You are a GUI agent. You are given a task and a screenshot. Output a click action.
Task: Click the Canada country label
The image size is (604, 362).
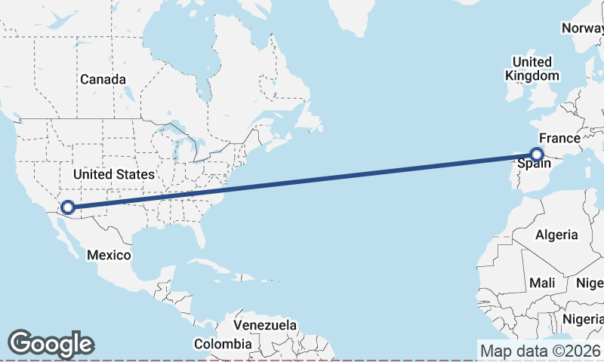[x=103, y=79]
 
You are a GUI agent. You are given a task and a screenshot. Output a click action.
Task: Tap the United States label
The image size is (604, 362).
[x=114, y=174]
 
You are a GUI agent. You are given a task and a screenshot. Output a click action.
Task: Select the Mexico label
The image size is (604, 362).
[x=108, y=255]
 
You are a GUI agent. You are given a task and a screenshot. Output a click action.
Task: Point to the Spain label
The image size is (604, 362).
[x=533, y=164]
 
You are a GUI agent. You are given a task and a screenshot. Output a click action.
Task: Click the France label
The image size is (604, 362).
[x=559, y=139]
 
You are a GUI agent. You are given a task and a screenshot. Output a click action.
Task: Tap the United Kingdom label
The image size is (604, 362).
[x=533, y=69]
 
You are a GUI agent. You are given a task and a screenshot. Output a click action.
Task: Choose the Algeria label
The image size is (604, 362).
[x=556, y=235]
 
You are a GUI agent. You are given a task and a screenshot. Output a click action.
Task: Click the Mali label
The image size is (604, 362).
[x=542, y=283]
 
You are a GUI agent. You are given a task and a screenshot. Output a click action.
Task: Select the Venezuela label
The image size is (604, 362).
[x=264, y=325]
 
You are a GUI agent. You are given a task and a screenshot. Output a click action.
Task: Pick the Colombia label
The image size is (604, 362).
[x=222, y=344]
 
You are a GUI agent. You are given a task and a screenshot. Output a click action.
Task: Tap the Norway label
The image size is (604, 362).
[x=582, y=28]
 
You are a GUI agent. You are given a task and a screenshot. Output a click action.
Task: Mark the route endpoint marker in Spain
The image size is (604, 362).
[x=537, y=155]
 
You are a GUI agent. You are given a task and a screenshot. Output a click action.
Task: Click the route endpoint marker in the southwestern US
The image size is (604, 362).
[x=67, y=207]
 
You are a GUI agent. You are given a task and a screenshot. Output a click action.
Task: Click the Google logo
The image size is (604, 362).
[x=51, y=344]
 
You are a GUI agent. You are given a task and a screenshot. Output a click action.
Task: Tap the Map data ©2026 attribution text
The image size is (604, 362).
[x=541, y=351]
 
